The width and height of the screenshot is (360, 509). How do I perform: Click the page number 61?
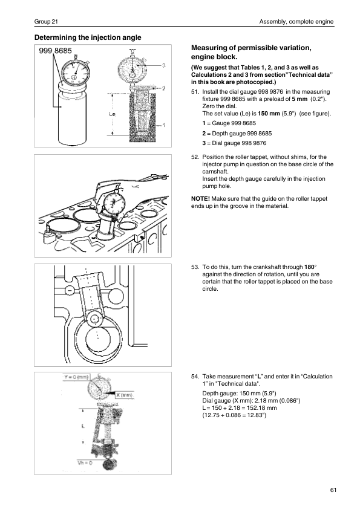333,490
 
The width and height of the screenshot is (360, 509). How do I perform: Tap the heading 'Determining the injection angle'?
88,37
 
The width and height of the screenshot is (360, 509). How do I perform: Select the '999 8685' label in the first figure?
56,51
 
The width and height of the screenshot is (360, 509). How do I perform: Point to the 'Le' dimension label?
112,114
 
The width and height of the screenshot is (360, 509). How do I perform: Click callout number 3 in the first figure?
164,65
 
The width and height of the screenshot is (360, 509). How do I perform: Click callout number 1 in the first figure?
164,125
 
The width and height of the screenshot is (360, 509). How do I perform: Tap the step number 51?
195,92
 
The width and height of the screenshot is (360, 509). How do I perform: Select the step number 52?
195,157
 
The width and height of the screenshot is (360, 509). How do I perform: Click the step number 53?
195,267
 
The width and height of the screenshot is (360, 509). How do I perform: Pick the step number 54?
195,377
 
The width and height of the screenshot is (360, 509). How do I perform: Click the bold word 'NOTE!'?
200,199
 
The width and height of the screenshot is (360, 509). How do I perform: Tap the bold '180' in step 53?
309,267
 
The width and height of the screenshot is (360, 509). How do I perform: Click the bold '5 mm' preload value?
299,99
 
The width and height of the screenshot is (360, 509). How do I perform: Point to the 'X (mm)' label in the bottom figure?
125,395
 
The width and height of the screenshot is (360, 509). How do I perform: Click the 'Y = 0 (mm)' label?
76,377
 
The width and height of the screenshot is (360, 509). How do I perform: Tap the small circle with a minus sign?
70,290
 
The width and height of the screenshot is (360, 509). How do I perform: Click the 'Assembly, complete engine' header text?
296,22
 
